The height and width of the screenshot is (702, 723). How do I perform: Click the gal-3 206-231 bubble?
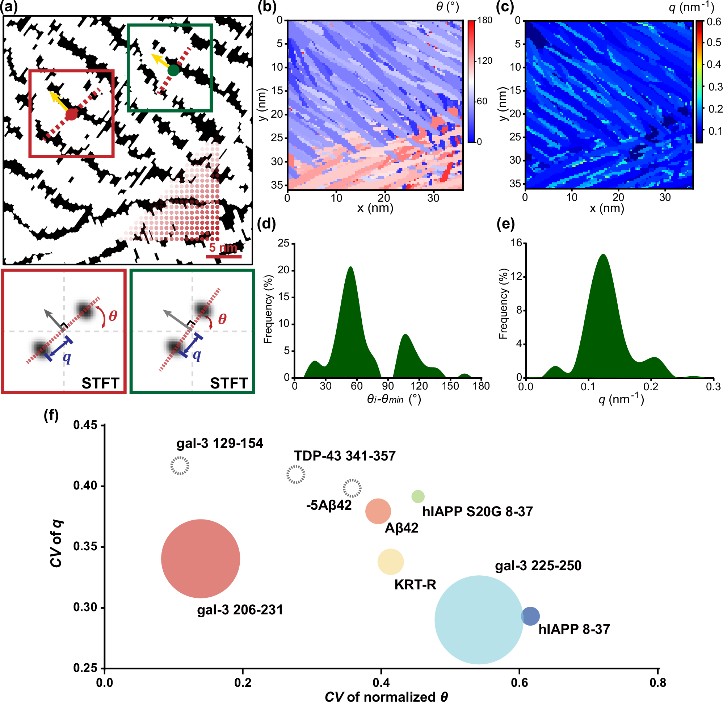[x=200, y=559]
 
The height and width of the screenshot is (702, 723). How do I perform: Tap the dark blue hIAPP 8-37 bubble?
[x=530, y=616]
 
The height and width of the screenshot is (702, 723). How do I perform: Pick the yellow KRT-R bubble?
[x=390, y=562]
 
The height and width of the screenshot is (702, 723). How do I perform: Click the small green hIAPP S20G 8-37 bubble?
[x=417, y=496]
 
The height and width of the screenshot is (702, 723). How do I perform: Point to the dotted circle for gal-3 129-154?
[x=180, y=466]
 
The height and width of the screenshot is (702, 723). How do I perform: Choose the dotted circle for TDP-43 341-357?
[x=295, y=474]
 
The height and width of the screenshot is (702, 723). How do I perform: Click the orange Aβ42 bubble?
[x=378, y=511]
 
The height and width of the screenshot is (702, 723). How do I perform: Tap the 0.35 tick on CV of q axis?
[x=85, y=546]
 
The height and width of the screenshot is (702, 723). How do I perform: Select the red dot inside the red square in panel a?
[x=71, y=115]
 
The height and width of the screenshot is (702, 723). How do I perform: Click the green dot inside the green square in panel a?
[x=173, y=70]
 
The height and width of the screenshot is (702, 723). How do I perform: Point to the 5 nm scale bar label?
[x=223, y=248]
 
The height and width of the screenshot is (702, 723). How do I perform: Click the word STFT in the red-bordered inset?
[x=100, y=383]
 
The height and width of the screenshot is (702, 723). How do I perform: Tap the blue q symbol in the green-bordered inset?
[x=197, y=355]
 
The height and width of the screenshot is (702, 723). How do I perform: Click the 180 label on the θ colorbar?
[x=485, y=20]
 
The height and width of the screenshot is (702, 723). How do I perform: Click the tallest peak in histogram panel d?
[x=350, y=267]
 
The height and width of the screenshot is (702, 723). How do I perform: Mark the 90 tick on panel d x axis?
[x=388, y=386]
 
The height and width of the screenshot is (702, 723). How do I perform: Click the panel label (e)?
[x=506, y=223]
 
